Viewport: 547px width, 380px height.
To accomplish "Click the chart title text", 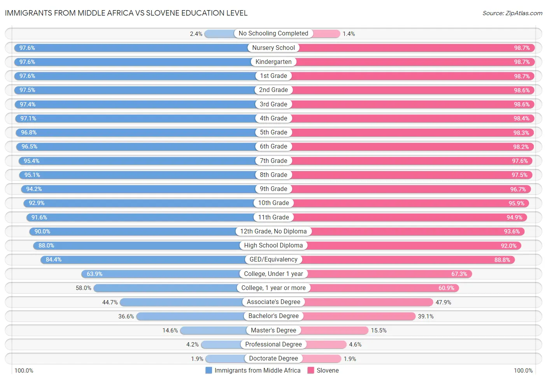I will (126, 13).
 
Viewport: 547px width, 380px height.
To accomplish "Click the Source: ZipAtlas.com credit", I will (512, 13).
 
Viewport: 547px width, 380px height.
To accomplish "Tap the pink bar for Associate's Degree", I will (368, 302).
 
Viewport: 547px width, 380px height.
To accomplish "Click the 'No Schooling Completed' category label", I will (273, 34).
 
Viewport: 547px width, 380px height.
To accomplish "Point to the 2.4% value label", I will (196, 34).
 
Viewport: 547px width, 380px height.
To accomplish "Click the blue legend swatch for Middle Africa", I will (209, 370).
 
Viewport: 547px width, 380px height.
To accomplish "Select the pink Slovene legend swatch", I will (311, 370).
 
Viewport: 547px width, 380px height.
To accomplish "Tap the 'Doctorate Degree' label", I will (273, 359).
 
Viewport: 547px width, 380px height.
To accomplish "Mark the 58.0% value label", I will (84, 288).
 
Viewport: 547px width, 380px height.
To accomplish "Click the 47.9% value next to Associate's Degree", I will (443, 302).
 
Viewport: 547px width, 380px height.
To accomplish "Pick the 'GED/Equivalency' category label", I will (273, 260).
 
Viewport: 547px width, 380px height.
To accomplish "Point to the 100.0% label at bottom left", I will (24, 370).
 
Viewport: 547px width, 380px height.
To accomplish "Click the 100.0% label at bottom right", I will (523, 370).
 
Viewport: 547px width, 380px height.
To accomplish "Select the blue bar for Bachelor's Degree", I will (191, 316).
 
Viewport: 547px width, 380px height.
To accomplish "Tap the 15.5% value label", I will (379, 331).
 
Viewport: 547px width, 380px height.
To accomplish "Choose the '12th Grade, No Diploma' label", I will (273, 232).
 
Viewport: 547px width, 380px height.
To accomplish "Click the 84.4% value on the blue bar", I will (54, 260).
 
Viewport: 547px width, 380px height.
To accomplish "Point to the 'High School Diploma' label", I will (273, 246).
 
